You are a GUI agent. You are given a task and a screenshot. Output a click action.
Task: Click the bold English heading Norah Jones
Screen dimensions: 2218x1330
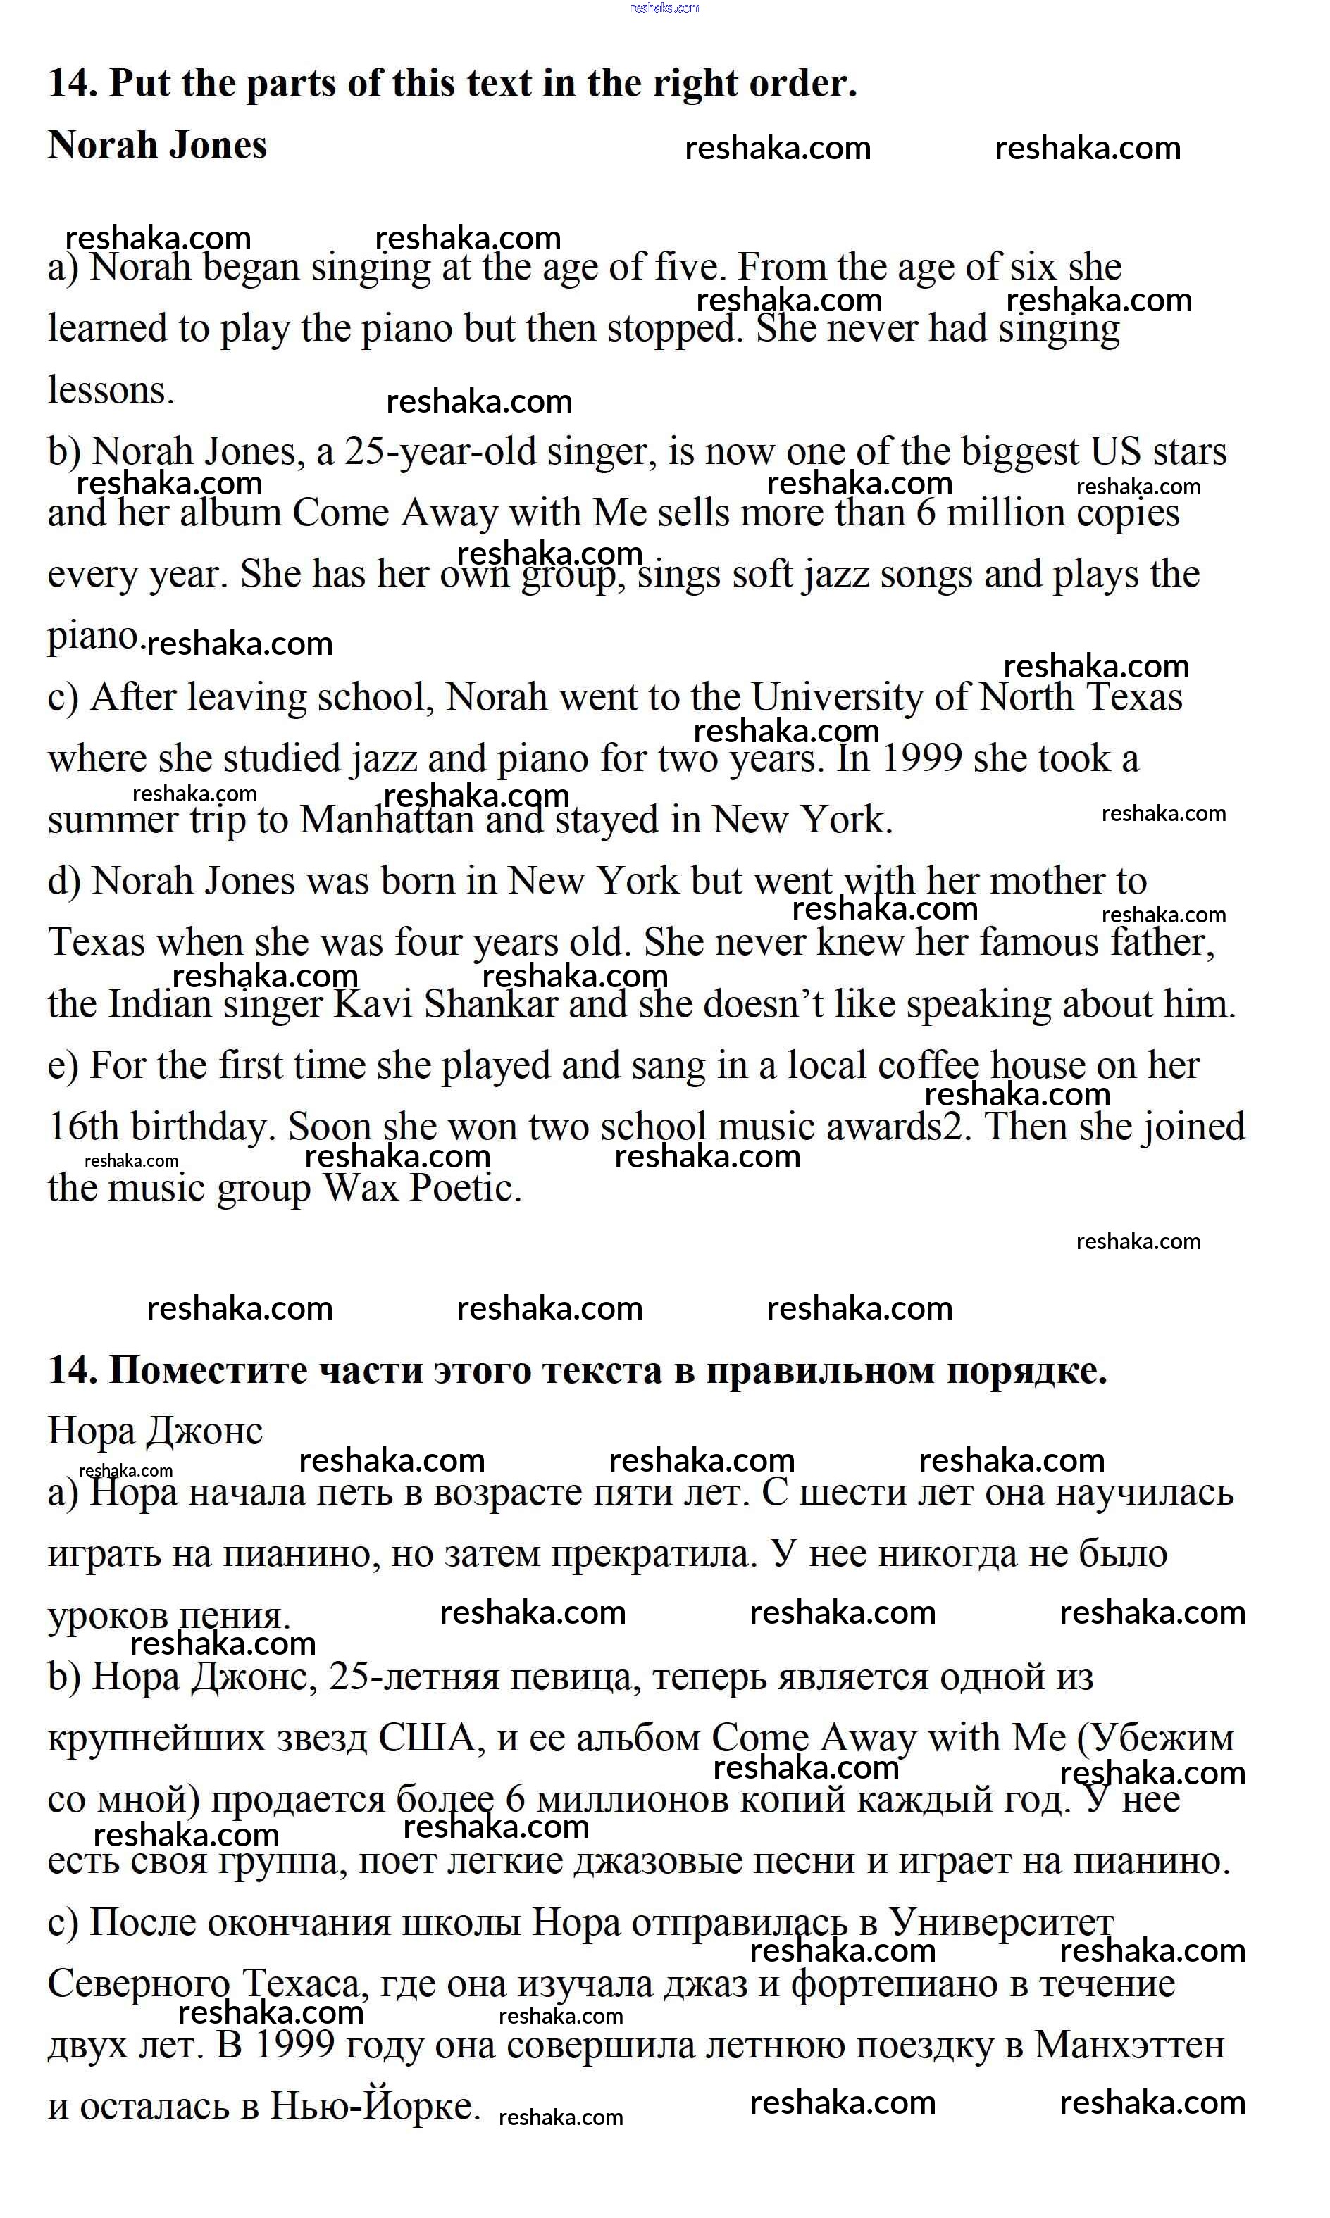point(157,145)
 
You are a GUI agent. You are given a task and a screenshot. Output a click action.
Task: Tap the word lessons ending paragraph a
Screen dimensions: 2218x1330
point(110,391)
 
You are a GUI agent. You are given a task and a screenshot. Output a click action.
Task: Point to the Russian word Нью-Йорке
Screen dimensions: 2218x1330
point(375,2107)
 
